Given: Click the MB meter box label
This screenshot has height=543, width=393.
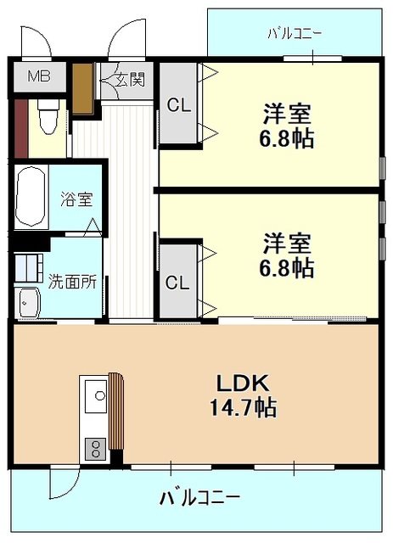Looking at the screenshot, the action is click(39, 76).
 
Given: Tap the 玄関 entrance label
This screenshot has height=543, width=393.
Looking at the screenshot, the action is click(130, 81).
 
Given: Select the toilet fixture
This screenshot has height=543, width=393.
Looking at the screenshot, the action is click(48, 117).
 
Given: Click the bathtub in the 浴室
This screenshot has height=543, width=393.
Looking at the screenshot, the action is click(31, 197).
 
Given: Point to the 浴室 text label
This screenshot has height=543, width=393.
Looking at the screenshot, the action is click(76, 199).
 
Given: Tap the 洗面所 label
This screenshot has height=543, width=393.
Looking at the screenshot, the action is click(72, 282).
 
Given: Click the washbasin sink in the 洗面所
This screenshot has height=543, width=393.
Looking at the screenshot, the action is click(29, 302).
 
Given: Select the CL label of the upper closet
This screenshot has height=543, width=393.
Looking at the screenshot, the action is click(179, 105).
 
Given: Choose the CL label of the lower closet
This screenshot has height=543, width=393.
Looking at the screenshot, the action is click(177, 283).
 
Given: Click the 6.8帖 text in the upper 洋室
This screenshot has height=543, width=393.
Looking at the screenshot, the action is click(287, 138).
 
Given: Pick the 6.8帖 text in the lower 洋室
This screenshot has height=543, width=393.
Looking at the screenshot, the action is click(287, 268).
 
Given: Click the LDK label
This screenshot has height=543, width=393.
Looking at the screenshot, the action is click(243, 383).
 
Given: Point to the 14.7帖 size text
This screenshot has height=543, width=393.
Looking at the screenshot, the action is click(243, 407).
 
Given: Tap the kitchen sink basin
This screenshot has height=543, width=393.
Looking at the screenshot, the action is click(96, 396).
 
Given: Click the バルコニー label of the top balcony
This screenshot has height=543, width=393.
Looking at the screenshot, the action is click(295, 34).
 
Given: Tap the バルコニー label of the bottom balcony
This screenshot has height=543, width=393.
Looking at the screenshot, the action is click(199, 498).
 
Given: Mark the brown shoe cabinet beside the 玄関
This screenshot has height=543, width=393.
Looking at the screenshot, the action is click(82, 88).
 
